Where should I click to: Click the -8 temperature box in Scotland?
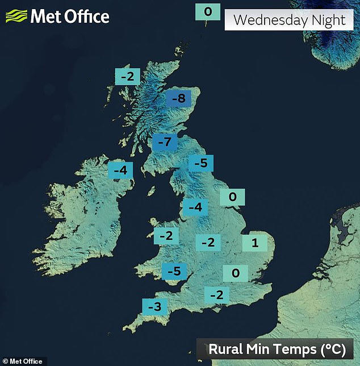click(x=178, y=99)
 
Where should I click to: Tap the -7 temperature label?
click(x=164, y=143)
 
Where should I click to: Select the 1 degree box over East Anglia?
click(x=255, y=243)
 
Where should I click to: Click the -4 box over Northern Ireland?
click(x=120, y=169)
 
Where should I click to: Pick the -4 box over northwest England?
click(x=195, y=207)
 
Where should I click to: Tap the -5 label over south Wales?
click(x=174, y=272)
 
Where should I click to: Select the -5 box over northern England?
click(x=200, y=164)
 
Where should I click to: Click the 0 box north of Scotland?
click(x=207, y=11)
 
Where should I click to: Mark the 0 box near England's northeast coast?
click(x=232, y=197)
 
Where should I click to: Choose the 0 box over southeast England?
click(x=236, y=273)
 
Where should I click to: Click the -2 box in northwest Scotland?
click(x=127, y=76)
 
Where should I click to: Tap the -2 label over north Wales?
click(x=166, y=235)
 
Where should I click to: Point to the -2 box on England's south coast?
click(x=216, y=294)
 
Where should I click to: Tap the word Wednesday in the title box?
click(x=270, y=20)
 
